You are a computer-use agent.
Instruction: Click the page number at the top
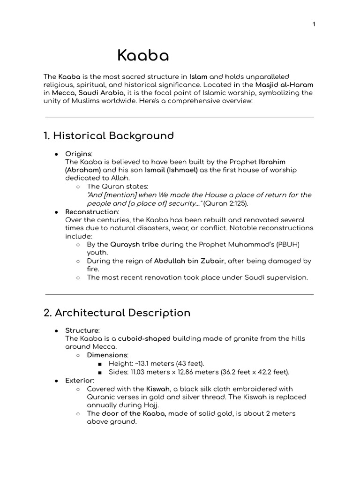313,25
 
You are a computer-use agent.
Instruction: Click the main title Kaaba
143,56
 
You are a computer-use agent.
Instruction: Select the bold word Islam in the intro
198,76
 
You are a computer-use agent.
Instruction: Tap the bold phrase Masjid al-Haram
284,84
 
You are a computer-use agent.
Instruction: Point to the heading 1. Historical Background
108,136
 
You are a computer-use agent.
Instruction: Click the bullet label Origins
78,153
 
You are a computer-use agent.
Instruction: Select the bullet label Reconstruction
91,212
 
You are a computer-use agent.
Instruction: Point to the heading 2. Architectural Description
117,313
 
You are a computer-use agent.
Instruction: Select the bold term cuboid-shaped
144,338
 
